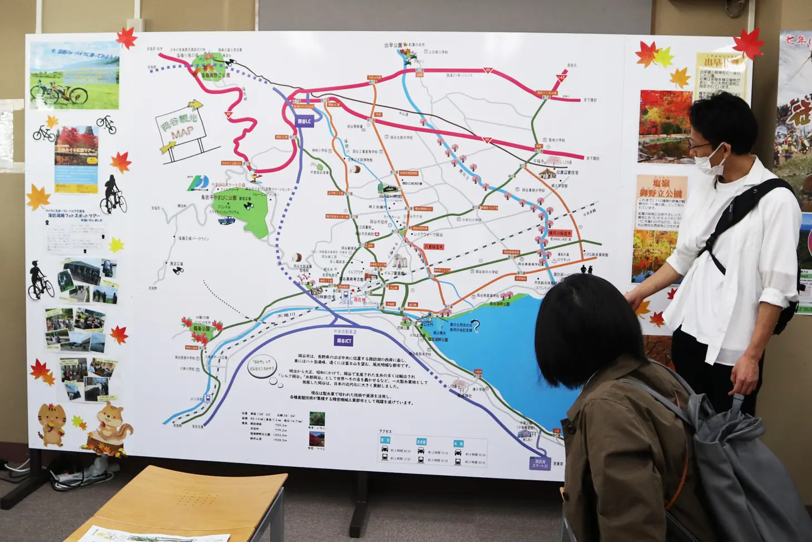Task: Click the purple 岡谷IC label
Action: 304,121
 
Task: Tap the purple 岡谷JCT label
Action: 344,341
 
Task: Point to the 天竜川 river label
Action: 286,316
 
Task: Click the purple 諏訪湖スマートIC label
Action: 539,463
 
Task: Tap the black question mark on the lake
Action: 476,326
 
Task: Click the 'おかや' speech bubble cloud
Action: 261,365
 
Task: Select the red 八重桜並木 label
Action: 434,247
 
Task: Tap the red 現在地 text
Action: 359,299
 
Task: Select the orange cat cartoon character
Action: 51,425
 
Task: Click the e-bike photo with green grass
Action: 75,76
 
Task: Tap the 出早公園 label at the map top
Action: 393,46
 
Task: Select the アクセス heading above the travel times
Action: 385,431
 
